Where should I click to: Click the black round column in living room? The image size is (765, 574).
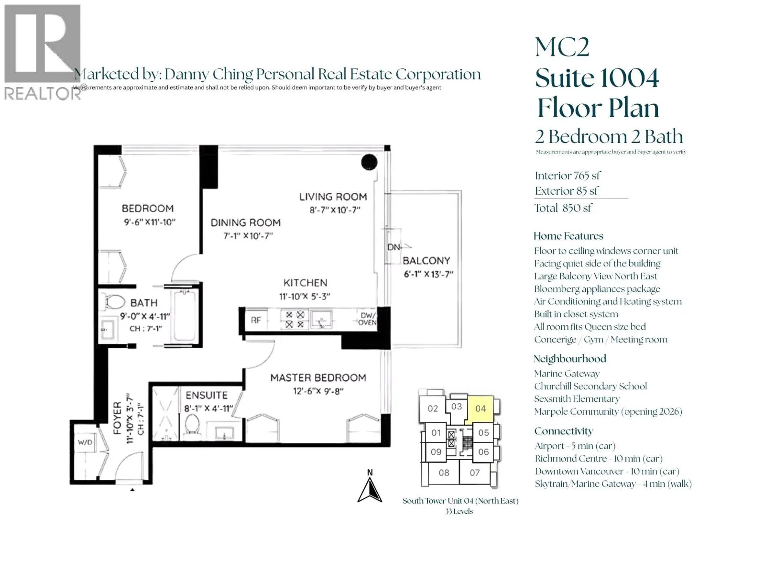[x=369, y=162]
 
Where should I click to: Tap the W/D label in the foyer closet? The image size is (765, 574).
[x=85, y=442]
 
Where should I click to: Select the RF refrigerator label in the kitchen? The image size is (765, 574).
[x=256, y=320]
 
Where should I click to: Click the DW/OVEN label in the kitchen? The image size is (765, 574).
[x=368, y=319]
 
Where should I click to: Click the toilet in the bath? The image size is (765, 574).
[x=114, y=302]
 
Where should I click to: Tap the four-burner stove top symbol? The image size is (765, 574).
[x=295, y=320]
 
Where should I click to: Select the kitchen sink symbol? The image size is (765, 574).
[x=321, y=320]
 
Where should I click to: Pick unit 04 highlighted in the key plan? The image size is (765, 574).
[x=480, y=409]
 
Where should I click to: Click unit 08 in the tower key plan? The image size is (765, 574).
[x=444, y=473]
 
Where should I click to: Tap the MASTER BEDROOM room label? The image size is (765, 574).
[x=318, y=378]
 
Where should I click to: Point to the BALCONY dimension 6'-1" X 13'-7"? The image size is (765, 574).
[x=428, y=274]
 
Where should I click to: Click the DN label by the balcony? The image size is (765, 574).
[x=394, y=247]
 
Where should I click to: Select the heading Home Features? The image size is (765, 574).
[x=568, y=236]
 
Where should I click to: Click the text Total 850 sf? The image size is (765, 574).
[x=563, y=208]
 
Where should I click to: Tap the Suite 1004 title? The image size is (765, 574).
[x=597, y=78]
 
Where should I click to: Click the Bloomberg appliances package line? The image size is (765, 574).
[x=597, y=289]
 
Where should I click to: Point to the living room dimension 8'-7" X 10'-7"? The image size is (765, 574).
[x=335, y=210]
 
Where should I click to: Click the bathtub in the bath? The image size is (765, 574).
[x=185, y=317]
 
